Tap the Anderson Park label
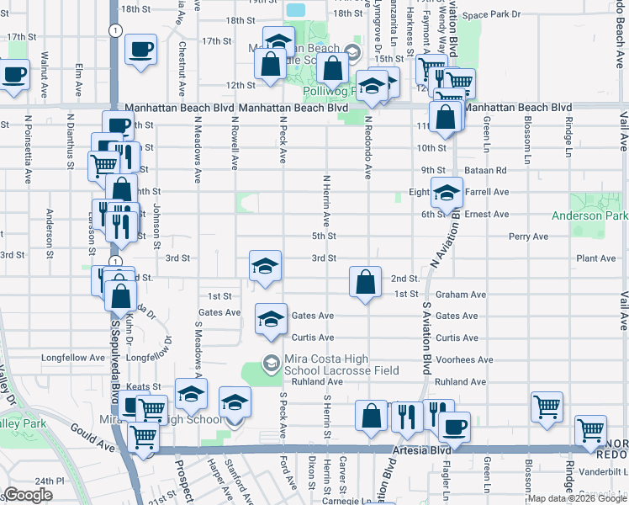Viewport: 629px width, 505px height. (589, 216)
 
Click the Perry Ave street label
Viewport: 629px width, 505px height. (529, 237)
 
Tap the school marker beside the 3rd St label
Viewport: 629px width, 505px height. (265, 266)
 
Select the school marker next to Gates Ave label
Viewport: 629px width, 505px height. (270, 319)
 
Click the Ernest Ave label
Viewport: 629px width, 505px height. (487, 215)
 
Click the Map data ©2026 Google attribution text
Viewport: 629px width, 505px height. (577, 498)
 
